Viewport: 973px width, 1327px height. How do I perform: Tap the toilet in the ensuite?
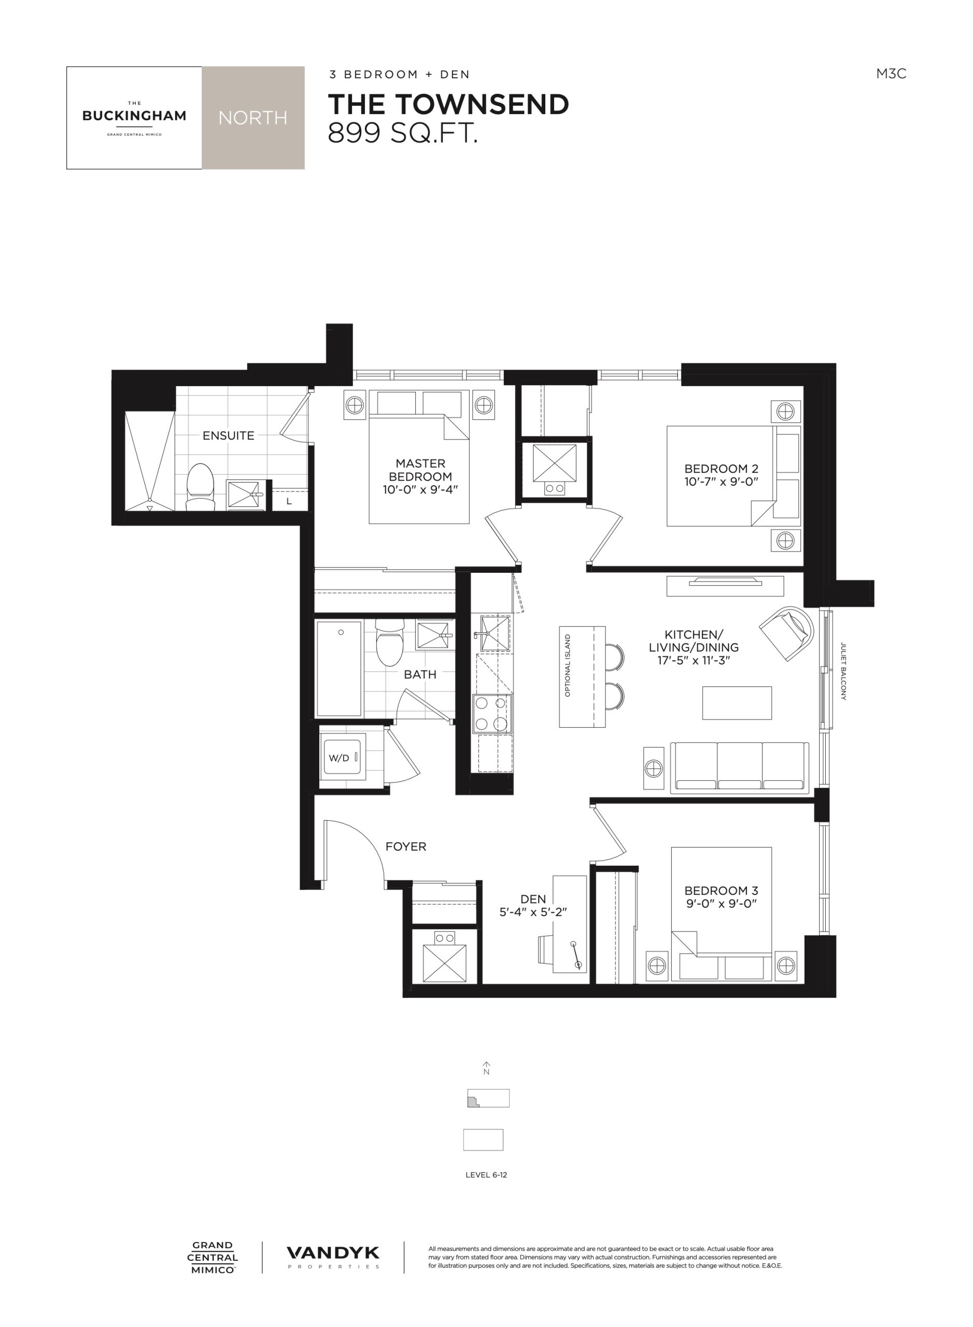coord(199,487)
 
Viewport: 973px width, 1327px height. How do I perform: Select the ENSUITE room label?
coord(229,436)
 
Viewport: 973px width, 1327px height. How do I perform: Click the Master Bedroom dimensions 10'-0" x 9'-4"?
coord(420,489)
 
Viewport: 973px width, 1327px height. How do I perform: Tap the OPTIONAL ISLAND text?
coord(568,666)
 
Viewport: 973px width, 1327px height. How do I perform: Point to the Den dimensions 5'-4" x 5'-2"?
coord(533,912)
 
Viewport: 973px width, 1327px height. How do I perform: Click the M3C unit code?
coord(891,74)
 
